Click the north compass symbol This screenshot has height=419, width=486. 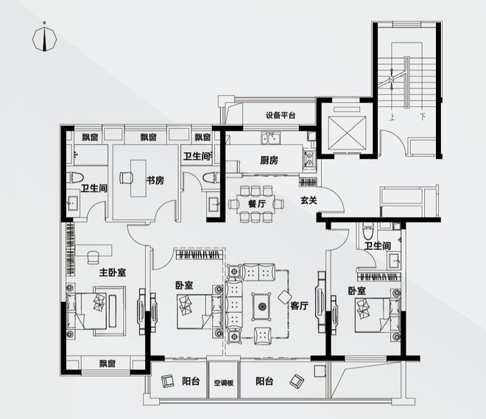(45, 39)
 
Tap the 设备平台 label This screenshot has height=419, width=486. (281, 116)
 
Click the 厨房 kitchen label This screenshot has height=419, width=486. (269, 161)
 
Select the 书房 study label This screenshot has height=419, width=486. (155, 180)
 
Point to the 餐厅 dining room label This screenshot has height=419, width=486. (257, 204)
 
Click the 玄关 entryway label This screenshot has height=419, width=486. (309, 200)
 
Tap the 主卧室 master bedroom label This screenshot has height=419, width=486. (113, 272)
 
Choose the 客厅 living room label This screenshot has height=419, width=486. (300, 306)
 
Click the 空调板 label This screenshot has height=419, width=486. (223, 383)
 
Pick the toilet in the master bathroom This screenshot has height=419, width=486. (76, 177)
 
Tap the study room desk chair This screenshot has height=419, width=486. (126, 177)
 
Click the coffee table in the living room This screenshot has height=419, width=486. (261, 306)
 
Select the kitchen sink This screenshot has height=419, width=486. (270, 138)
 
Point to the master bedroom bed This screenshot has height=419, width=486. (87, 311)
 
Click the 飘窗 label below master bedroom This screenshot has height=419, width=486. (108, 363)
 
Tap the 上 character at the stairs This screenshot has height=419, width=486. (392, 118)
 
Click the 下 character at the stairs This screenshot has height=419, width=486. (423, 117)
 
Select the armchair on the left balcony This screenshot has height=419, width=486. (167, 381)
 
